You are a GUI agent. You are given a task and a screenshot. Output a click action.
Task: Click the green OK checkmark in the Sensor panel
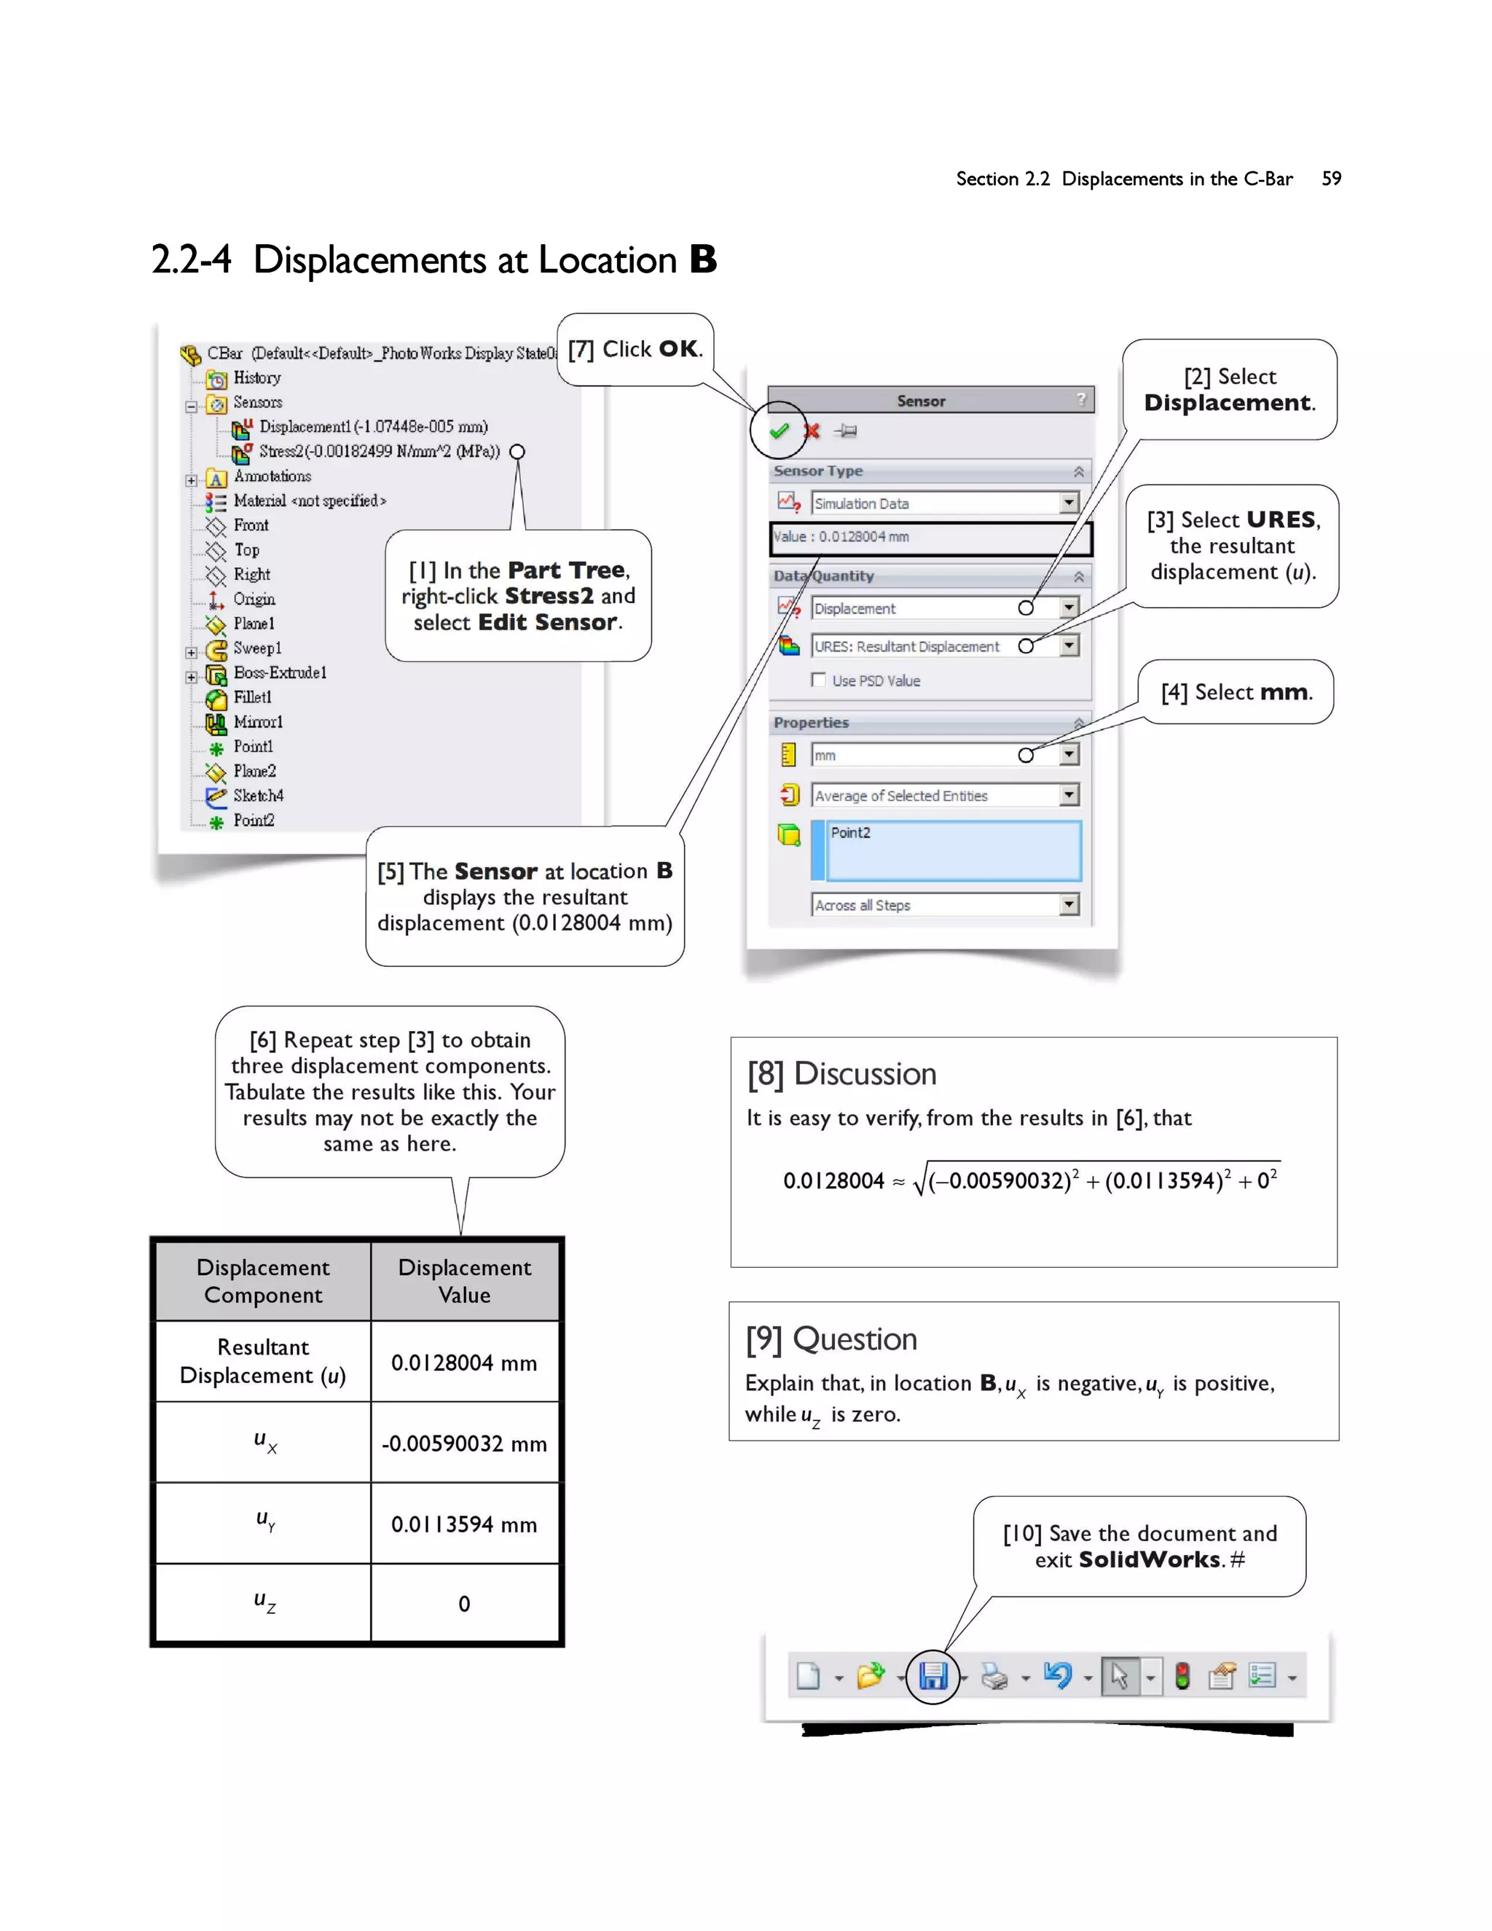[779, 431]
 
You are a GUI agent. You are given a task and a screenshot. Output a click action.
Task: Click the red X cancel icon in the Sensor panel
[812, 431]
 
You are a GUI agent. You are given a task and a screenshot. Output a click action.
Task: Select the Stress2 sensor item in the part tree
[378, 452]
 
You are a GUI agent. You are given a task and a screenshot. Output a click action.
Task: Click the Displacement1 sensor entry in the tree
[372, 427]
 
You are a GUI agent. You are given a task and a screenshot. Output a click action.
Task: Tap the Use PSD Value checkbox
[818, 680]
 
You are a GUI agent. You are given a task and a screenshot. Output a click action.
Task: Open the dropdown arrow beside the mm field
[1069, 754]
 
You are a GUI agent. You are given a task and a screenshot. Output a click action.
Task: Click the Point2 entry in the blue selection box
[850, 833]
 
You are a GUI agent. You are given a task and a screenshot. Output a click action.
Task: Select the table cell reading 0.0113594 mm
[464, 1524]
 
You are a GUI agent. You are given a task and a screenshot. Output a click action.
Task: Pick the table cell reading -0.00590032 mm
[464, 1444]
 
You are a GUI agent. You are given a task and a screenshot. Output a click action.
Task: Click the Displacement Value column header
[464, 1281]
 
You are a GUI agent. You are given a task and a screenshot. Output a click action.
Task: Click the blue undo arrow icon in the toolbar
[1057, 1675]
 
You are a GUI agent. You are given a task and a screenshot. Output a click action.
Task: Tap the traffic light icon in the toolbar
[1182, 1675]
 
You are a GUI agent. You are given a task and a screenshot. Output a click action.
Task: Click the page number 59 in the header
[1331, 179]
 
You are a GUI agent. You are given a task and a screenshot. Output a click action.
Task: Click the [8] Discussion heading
[841, 1073]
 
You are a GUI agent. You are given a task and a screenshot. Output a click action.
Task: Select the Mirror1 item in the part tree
[257, 722]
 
